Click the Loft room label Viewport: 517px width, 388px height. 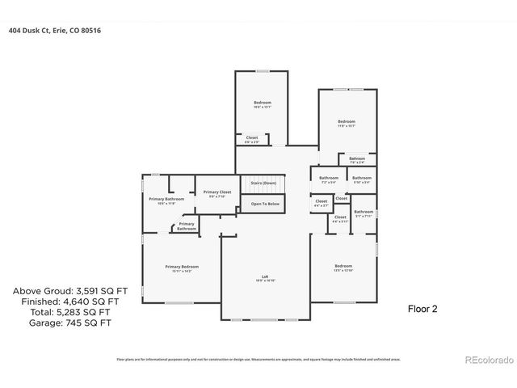pyautogui.click(x=266, y=278)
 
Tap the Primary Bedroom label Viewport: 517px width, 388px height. pyautogui.click(x=182, y=267)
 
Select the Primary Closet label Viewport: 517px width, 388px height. pyautogui.click(x=217, y=192)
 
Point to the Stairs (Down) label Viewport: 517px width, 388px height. pyautogui.click(x=263, y=183)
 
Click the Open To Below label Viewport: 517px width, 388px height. pyautogui.click(x=265, y=204)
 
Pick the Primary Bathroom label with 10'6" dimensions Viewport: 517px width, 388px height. pyautogui.click(x=166, y=200)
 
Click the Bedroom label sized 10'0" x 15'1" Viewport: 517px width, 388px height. pyautogui.click(x=263, y=103)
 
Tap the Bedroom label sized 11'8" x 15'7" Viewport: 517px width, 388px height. pyautogui.click(x=347, y=121)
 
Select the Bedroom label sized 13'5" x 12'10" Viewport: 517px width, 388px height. pyautogui.click(x=343, y=266)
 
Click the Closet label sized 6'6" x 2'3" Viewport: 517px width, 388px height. pyautogui.click(x=252, y=139)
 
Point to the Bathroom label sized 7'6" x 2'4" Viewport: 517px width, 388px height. pyautogui.click(x=357, y=158)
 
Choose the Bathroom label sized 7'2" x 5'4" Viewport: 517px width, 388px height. pyautogui.click(x=329, y=178)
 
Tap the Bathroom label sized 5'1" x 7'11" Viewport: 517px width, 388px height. pyautogui.click(x=364, y=213)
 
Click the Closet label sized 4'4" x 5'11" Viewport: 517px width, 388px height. pyautogui.click(x=340, y=217)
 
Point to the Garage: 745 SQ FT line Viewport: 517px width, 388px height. pyautogui.click(x=61, y=323)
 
